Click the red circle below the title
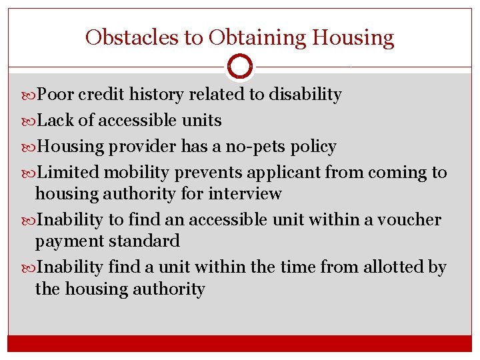coord(240,67)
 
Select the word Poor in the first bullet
coord(55,95)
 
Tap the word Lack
coord(55,121)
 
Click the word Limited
coord(70,173)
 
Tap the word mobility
coord(138,173)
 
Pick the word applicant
coord(284,173)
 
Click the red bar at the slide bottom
coord(240,343)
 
